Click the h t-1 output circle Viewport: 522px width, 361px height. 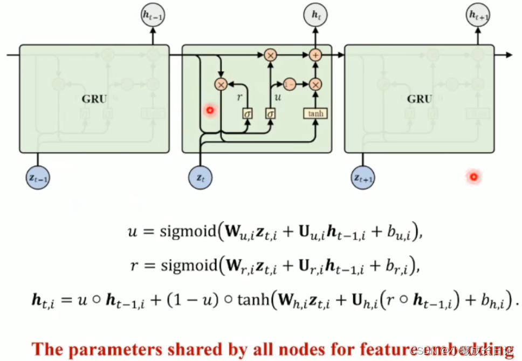pyautogui.click(x=153, y=17)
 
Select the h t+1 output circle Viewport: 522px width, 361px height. pyautogui.click(x=478, y=17)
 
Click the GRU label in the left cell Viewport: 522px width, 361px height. pyautogui.click(x=94, y=99)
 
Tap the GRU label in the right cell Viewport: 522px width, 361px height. pyautogui.click(x=420, y=99)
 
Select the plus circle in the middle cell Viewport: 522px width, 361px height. pyautogui.click(x=315, y=55)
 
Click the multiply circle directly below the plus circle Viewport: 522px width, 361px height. pyautogui.click(x=315, y=84)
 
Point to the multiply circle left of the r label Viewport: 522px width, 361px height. pyautogui.click(x=220, y=84)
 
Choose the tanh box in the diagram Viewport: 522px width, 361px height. pyautogui.click(x=315, y=113)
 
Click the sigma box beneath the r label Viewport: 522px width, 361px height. pyautogui.click(x=248, y=113)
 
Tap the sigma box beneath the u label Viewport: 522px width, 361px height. pyautogui.click(x=270, y=113)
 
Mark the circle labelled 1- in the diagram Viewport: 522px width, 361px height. pyautogui.click(x=290, y=84)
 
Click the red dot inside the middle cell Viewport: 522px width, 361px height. pyautogui.click(x=210, y=111)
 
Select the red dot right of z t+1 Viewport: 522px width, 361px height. pyautogui.click(x=474, y=176)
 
